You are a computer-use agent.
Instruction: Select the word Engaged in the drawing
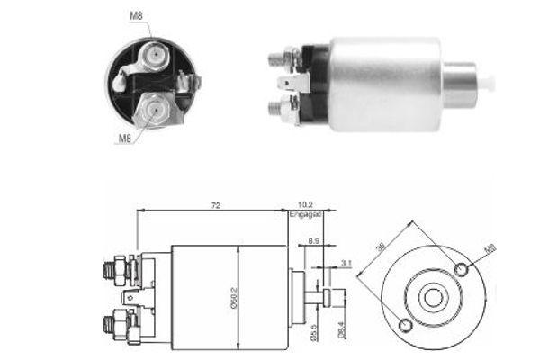tap(303, 216)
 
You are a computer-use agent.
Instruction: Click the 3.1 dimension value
tap(346, 264)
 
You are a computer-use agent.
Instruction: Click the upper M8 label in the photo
tap(136, 16)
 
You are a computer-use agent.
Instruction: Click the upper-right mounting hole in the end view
tap(462, 270)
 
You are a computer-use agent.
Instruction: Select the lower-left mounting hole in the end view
tap(405, 325)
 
